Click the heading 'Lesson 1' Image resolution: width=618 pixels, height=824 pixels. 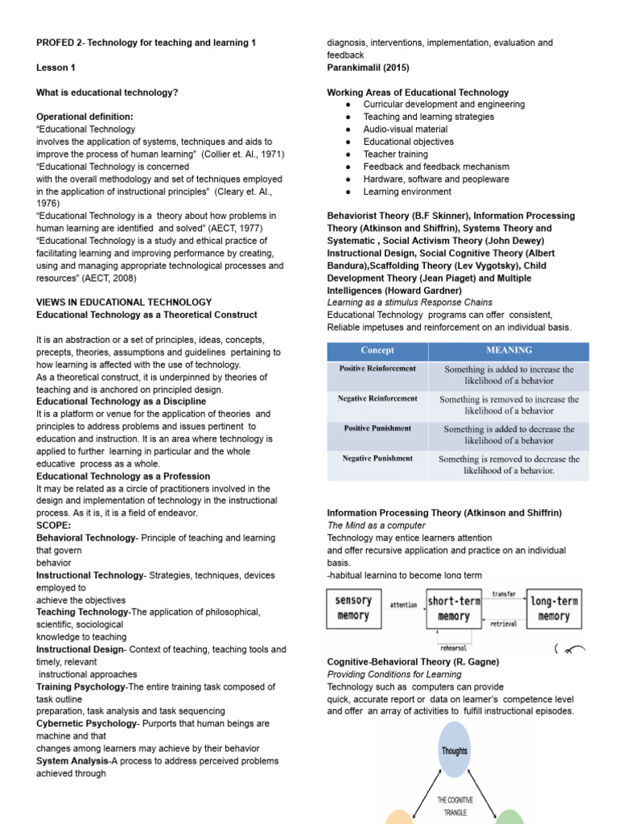(x=56, y=68)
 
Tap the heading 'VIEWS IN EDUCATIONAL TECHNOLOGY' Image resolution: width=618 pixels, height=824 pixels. (x=124, y=303)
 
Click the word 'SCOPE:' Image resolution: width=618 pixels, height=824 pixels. (x=55, y=525)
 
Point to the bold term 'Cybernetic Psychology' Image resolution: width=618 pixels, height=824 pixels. (x=85, y=723)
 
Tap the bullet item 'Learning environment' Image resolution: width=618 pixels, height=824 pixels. (x=407, y=192)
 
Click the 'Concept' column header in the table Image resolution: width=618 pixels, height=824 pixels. (x=377, y=351)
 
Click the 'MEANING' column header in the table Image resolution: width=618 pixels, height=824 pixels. (x=509, y=351)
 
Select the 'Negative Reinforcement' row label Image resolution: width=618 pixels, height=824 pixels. (x=377, y=398)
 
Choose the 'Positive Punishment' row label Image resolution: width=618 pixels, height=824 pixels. (x=377, y=428)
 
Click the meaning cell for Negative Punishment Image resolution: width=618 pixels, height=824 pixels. (x=509, y=464)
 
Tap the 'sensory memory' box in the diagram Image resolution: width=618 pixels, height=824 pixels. (x=352, y=608)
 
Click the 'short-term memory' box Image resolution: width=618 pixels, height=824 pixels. (x=454, y=609)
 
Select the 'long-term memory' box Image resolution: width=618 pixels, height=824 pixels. (x=554, y=609)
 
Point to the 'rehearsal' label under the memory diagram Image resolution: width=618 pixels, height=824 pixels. (x=453, y=648)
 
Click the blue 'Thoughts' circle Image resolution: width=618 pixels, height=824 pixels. (x=454, y=750)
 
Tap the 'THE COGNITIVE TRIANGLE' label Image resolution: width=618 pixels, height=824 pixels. (x=455, y=806)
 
